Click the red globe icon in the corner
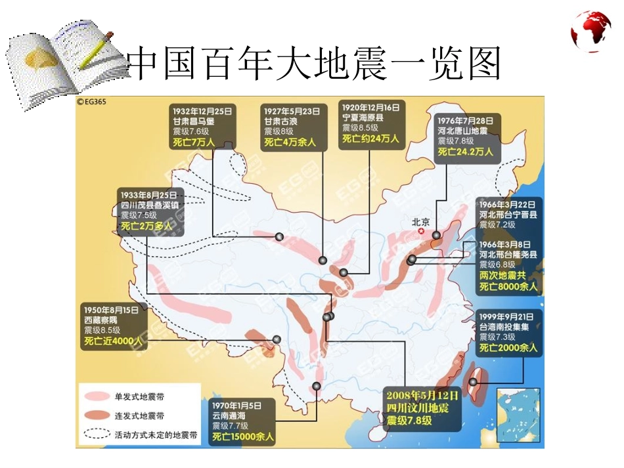pyautogui.click(x=591, y=31)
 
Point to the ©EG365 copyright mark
pyautogui.click(x=92, y=102)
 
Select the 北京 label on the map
pyautogui.click(x=420, y=222)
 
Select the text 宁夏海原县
pyautogui.click(x=363, y=117)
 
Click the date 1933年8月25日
pyautogui.click(x=149, y=195)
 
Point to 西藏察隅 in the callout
pyautogui.click(x=102, y=320)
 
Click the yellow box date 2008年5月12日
pyautogui.click(x=422, y=396)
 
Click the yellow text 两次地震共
pyautogui.click(x=502, y=275)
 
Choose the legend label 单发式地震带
pyautogui.click(x=140, y=396)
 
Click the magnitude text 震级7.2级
pyautogui.click(x=497, y=224)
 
